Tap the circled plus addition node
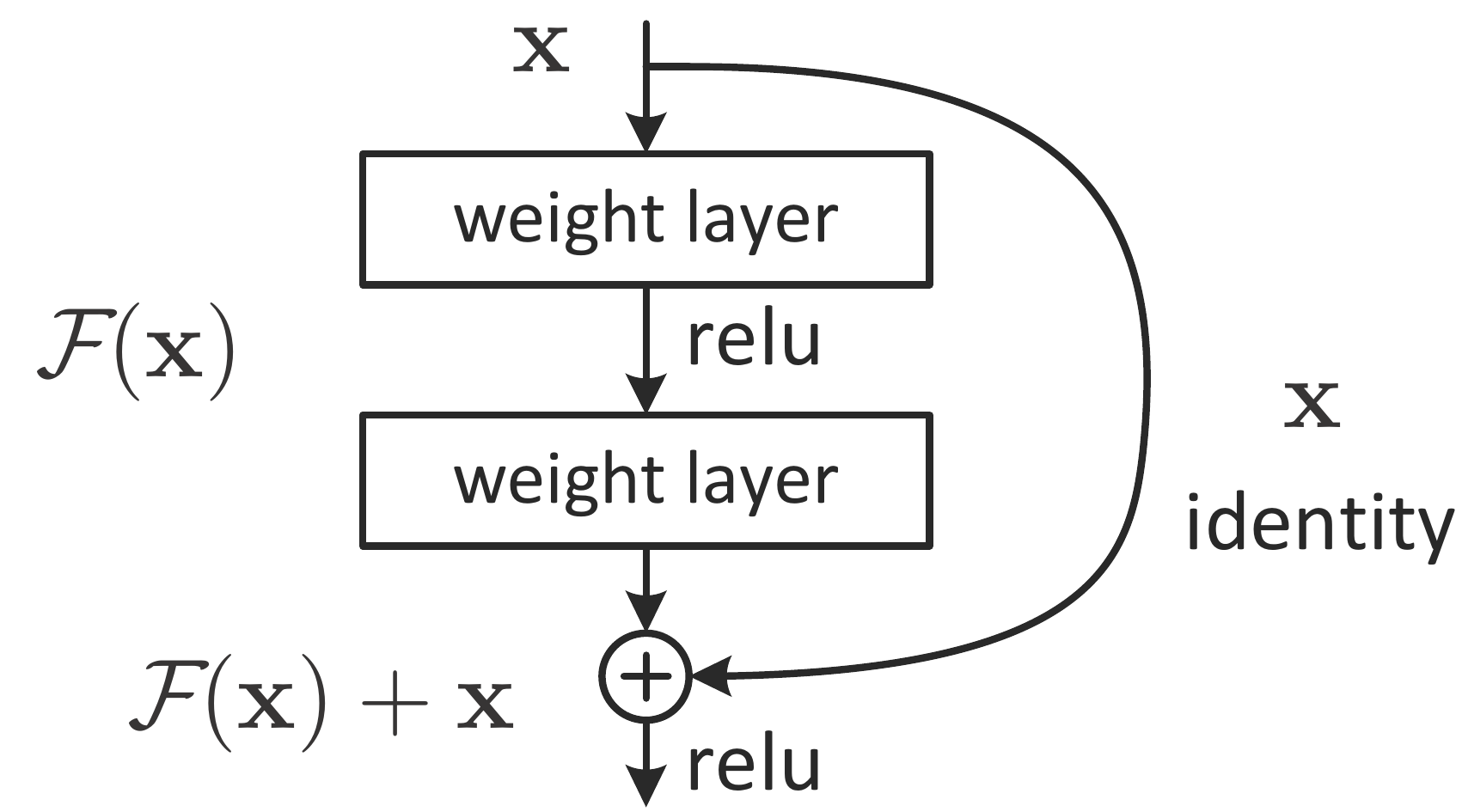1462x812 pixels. [x=645, y=677]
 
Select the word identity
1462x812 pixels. [x=1319, y=523]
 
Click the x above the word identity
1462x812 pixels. [x=1312, y=407]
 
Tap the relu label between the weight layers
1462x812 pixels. [x=753, y=340]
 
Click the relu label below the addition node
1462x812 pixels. [x=753, y=766]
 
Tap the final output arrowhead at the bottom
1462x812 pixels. [x=645, y=786]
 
